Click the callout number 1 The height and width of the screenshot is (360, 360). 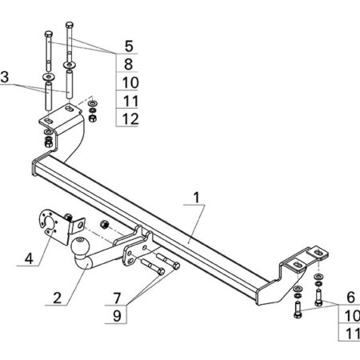coord(197,198)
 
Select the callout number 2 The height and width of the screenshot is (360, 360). coord(57,298)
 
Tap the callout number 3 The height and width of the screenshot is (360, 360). coord(5,77)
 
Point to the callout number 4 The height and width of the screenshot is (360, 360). coord(29,258)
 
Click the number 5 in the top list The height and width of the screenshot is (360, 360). coord(129,46)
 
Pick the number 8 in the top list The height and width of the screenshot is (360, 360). coord(129,64)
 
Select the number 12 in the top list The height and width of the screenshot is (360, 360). coord(130,119)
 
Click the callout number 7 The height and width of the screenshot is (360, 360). coord(117,298)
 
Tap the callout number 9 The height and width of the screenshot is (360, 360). coord(117,316)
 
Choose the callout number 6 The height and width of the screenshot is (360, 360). coord(350,298)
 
